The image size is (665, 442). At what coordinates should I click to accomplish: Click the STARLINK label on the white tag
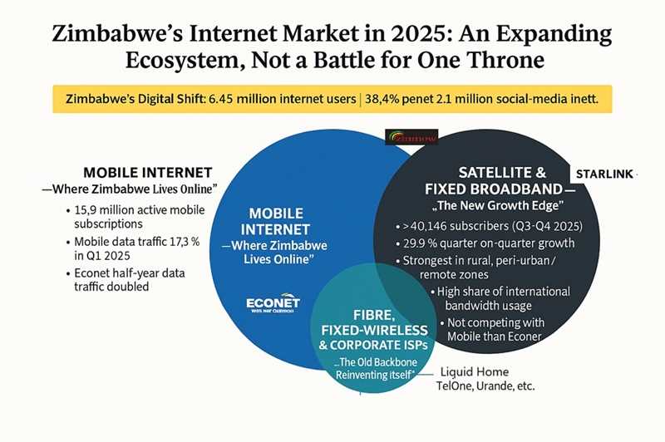point(604,174)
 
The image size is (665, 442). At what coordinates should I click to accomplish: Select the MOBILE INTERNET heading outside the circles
point(148,173)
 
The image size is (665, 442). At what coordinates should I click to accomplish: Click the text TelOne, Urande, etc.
point(486,386)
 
